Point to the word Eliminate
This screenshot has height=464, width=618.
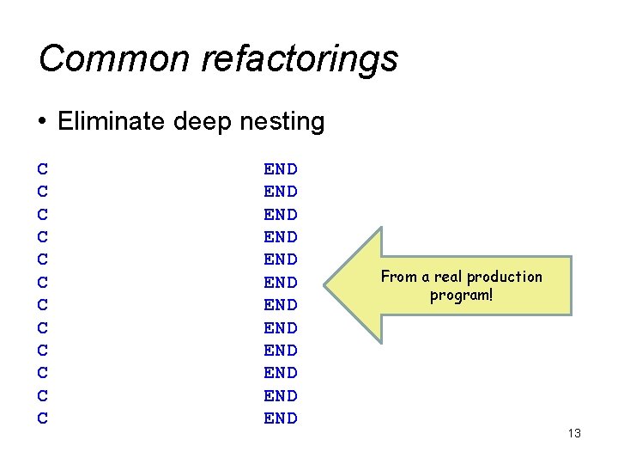(x=112, y=122)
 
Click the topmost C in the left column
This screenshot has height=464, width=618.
(x=43, y=169)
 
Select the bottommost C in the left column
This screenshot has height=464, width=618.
(x=43, y=418)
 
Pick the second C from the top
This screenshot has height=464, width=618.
(x=43, y=192)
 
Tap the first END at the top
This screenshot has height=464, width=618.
(x=280, y=169)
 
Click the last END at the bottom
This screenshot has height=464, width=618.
(x=280, y=418)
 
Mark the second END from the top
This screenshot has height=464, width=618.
(x=280, y=192)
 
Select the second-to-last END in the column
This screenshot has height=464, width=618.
(x=280, y=396)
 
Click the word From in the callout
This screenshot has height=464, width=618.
(x=399, y=277)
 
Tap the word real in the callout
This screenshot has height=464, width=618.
(x=450, y=277)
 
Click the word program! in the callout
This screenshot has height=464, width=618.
(x=462, y=296)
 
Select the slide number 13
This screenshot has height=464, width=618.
(x=574, y=433)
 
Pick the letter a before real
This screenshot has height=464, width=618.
(x=427, y=277)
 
